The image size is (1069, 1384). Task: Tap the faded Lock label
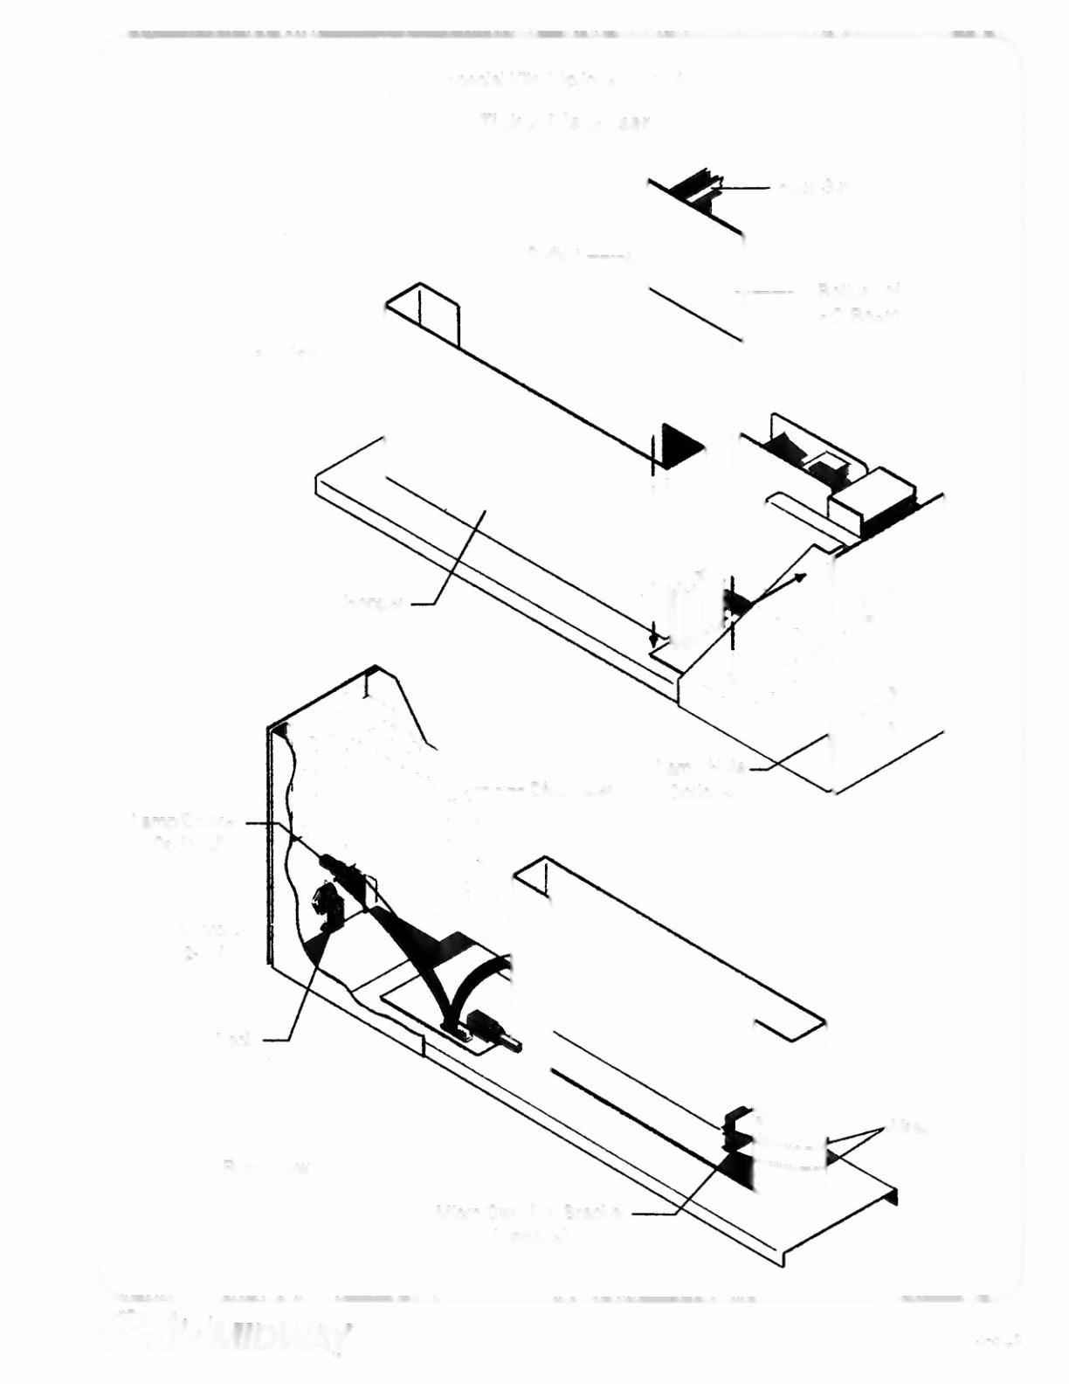[x=237, y=1039]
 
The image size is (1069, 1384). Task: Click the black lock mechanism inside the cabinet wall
[x=327, y=905]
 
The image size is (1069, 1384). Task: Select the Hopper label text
[x=373, y=602]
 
